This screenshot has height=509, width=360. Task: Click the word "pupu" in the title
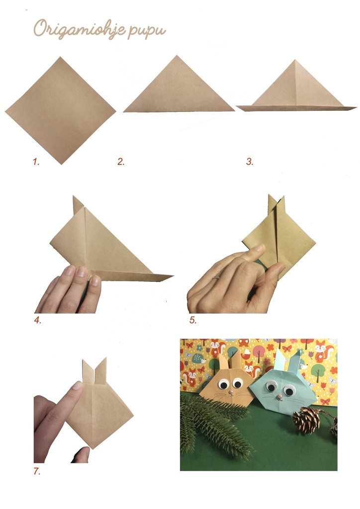pyautogui.click(x=147, y=30)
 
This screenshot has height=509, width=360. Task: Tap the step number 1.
pyautogui.click(x=36, y=162)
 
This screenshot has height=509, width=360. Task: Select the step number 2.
pyautogui.click(x=121, y=162)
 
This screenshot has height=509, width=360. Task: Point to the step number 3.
pyautogui.click(x=249, y=162)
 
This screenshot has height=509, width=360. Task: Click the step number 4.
pyautogui.click(x=37, y=320)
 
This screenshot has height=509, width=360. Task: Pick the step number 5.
pyautogui.click(x=192, y=320)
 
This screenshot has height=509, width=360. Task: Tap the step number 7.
pyautogui.click(x=36, y=471)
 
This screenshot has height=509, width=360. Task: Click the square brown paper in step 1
pyautogui.click(x=60, y=110)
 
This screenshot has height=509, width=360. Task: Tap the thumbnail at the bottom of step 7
pyautogui.click(x=83, y=452)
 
